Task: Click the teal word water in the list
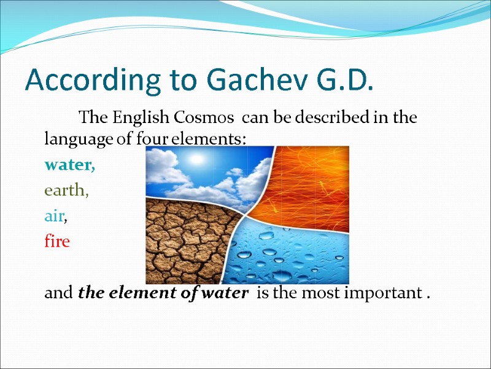point(69,165)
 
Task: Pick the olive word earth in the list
point(66,191)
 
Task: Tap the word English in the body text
point(141,117)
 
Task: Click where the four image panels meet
point(245,216)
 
